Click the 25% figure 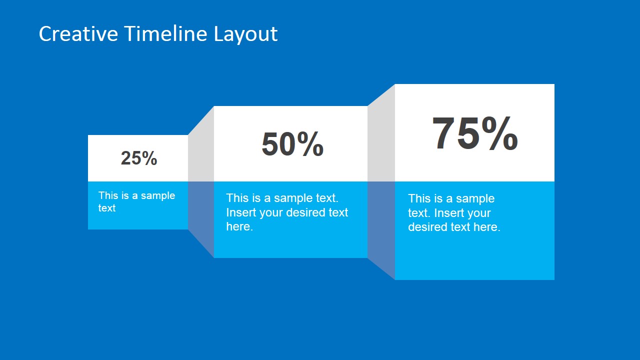pos(139,158)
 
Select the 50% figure pos(292,144)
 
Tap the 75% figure pos(474,133)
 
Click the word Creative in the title pos(78,34)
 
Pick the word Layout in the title pos(245,34)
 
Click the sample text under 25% pos(136,201)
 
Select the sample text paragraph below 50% pos(287,212)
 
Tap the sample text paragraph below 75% pos(454,213)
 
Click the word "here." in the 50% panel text pos(239,226)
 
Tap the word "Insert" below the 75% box pos(448,213)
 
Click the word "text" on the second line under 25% pos(107,208)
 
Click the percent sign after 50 pos(310,144)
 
